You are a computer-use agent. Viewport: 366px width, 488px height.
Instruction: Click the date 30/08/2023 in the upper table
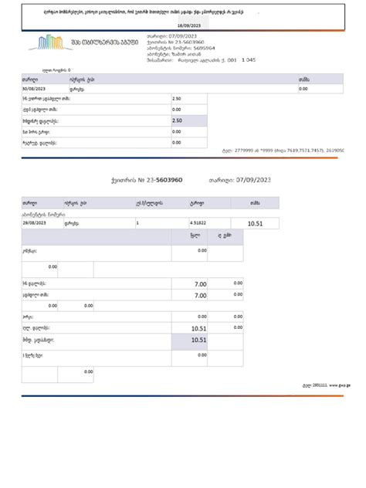[x=36, y=89]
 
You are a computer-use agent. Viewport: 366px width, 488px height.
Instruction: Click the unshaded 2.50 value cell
[x=178, y=99]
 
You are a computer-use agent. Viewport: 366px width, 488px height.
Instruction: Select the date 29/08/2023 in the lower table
[x=36, y=222]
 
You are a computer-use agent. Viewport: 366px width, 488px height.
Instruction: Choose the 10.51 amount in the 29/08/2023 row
[x=255, y=223]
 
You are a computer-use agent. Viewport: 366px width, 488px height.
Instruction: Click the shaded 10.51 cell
[x=198, y=339]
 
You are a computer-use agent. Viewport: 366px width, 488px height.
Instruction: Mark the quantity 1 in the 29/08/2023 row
[x=137, y=222]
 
